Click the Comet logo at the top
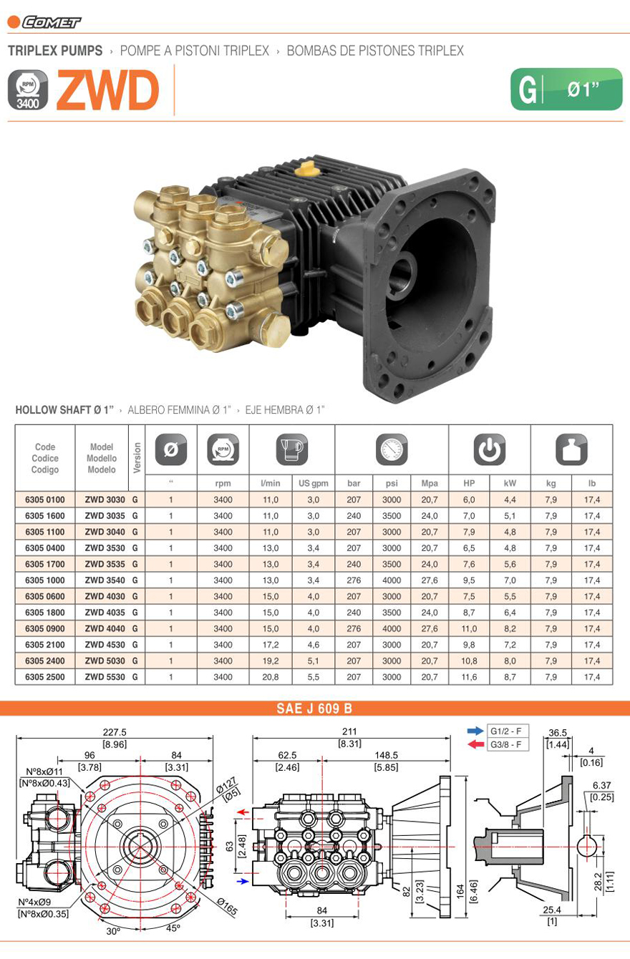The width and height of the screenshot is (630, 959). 44,22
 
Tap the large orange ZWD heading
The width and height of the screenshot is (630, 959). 108,90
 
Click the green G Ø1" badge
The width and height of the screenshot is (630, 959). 566,89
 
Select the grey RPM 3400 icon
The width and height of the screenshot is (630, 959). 28,90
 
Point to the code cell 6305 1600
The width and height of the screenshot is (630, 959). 45,515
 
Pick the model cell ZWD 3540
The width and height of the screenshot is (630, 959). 105,580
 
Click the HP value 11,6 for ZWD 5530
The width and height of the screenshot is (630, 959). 469,677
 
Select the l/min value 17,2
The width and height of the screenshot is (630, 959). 271,645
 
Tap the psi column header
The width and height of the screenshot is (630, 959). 392,483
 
